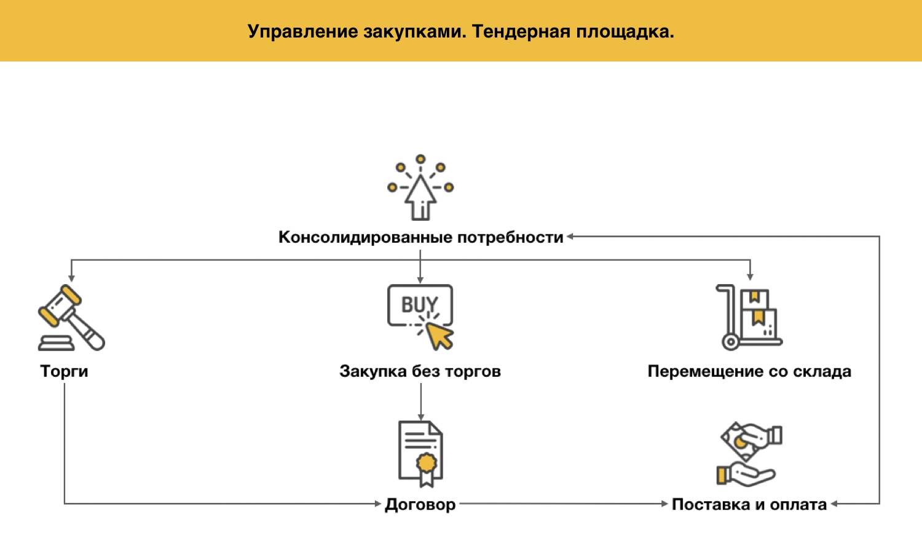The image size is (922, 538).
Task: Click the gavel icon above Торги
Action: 71,318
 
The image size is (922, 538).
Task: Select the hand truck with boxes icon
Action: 749,317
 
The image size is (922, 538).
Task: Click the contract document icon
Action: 420,453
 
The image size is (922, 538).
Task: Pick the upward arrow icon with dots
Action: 420,188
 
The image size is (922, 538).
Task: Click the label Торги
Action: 64,371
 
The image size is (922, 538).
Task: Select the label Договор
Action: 420,505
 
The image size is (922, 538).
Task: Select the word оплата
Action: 798,505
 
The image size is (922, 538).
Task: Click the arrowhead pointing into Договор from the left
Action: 378,504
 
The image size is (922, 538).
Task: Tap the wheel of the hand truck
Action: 730,341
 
